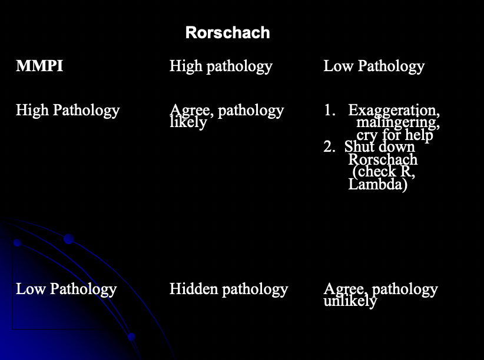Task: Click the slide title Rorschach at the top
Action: pos(227,32)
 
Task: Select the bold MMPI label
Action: pos(39,66)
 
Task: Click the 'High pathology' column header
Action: pos(221,66)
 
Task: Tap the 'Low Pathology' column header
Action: pos(374,66)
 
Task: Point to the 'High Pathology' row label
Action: pos(68,110)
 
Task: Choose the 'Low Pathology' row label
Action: pos(66,289)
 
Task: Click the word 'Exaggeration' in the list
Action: pos(393,110)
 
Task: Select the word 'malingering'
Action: pos(397,123)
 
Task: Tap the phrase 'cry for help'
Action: pos(395,135)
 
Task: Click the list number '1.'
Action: pos(329,110)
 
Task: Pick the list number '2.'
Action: pos(329,147)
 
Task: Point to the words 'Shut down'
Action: pos(380,147)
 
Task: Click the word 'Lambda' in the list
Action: pos(377,185)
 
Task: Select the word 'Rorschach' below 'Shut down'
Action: pos(383,159)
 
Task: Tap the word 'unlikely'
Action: pos(350,302)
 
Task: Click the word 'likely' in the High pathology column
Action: pos(188,123)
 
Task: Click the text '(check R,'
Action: pos(383,172)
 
